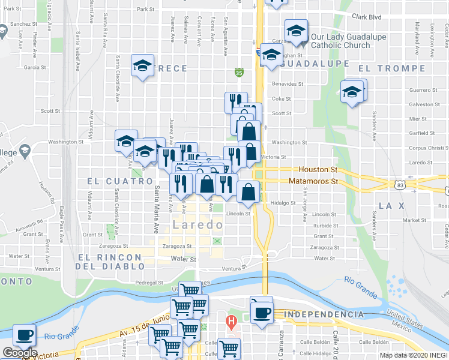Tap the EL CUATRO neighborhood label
pyautogui.click(x=120, y=181)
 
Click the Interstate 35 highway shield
pyautogui.click(x=239, y=73)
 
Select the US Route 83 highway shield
pyautogui.click(x=408, y=187)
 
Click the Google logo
pyautogui.click(x=19, y=352)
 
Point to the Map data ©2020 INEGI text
pyautogui.click(x=413, y=355)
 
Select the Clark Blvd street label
pyautogui.click(x=367, y=17)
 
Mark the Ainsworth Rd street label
pyautogui.click(x=30, y=223)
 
